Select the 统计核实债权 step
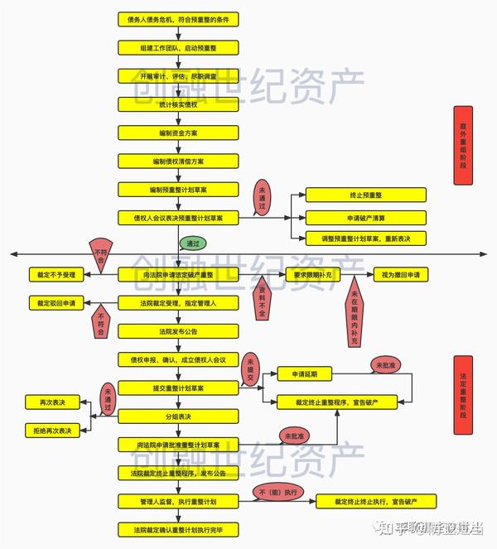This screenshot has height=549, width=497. (178, 104)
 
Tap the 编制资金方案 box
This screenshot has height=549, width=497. (178, 132)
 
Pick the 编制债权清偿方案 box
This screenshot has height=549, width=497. (178, 161)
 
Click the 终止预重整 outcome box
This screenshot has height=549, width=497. (365, 195)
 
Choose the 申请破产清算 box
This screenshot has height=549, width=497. (365, 218)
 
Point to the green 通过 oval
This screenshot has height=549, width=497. (192, 244)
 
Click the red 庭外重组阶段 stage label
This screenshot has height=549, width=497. (462, 145)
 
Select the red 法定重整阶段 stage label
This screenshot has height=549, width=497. (462, 395)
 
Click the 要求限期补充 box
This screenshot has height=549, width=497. (312, 273)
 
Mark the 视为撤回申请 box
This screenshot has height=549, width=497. (401, 273)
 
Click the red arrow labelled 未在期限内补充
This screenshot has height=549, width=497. (354, 315)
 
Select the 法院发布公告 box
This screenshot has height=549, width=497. (178, 331)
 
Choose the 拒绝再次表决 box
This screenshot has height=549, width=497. (52, 431)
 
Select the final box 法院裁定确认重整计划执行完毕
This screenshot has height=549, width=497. (178, 528)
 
